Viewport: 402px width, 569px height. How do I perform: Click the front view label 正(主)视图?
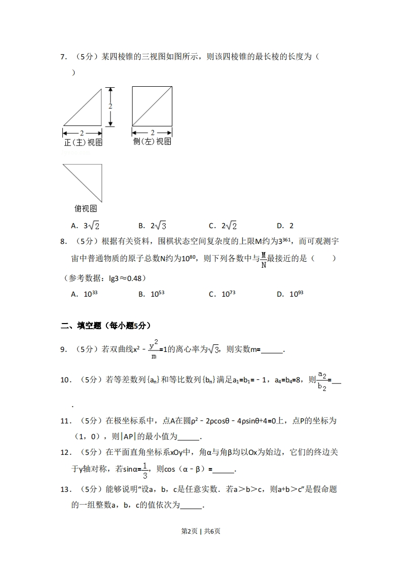click(x=83, y=143)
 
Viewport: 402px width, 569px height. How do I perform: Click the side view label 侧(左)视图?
click(x=152, y=141)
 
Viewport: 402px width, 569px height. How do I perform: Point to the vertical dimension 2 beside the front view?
click(x=110, y=106)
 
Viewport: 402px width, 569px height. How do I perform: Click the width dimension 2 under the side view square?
click(x=152, y=133)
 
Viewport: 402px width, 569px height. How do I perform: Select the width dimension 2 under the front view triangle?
click(x=82, y=133)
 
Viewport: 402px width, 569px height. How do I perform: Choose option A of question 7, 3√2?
click(x=85, y=226)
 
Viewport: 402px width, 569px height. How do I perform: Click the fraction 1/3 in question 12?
click(x=145, y=471)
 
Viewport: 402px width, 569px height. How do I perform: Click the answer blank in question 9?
click(x=272, y=350)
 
